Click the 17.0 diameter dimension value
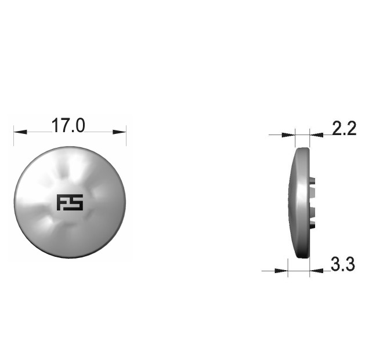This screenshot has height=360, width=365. pos(68,125)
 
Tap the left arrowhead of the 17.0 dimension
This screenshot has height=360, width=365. pos(20,132)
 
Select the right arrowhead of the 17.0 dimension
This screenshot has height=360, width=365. pos(120,132)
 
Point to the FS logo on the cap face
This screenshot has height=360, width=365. pos(70,202)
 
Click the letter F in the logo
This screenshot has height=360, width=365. pos(63,202)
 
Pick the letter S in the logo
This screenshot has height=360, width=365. pos(77,202)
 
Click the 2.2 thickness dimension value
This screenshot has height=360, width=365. pos(344,128)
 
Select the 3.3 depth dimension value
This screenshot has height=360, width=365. pos(342,264)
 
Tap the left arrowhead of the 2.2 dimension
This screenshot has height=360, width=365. pos(288,135)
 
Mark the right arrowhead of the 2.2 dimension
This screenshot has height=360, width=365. pos(317,135)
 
